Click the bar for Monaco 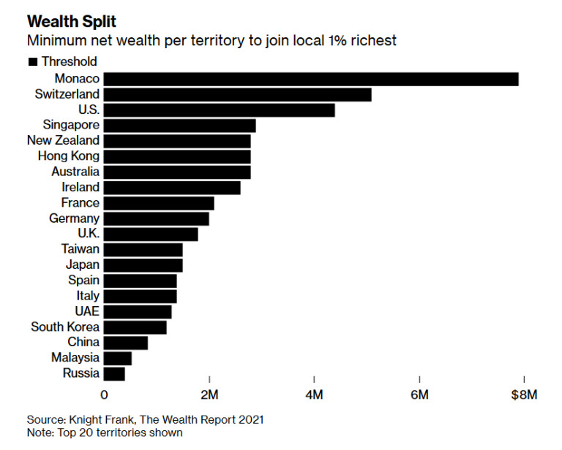click(311, 79)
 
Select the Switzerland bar click(238, 94)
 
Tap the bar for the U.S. click(220, 110)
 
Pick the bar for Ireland click(172, 188)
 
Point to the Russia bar click(115, 374)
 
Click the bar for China click(126, 343)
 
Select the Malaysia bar click(118, 358)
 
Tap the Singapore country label click(71, 126)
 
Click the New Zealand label click(63, 141)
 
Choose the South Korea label click(65, 327)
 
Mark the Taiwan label click(80, 250)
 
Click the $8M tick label click(524, 395)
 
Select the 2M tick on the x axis click(209, 395)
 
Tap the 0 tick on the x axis click(104, 395)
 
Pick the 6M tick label click(419, 395)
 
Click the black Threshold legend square click(32, 62)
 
